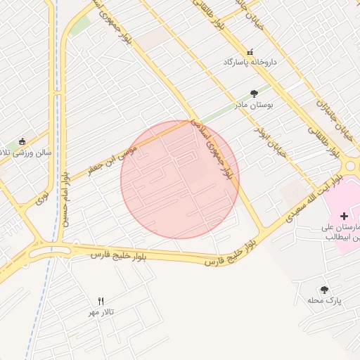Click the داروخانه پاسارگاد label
[251, 63]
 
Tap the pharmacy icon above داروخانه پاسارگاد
[250, 52]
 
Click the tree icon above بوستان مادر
[255, 94]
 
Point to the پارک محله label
[324, 300]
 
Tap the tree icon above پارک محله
[324, 290]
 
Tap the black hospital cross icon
[344, 215]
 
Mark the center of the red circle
[180, 179]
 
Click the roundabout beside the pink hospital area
[351, 167]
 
